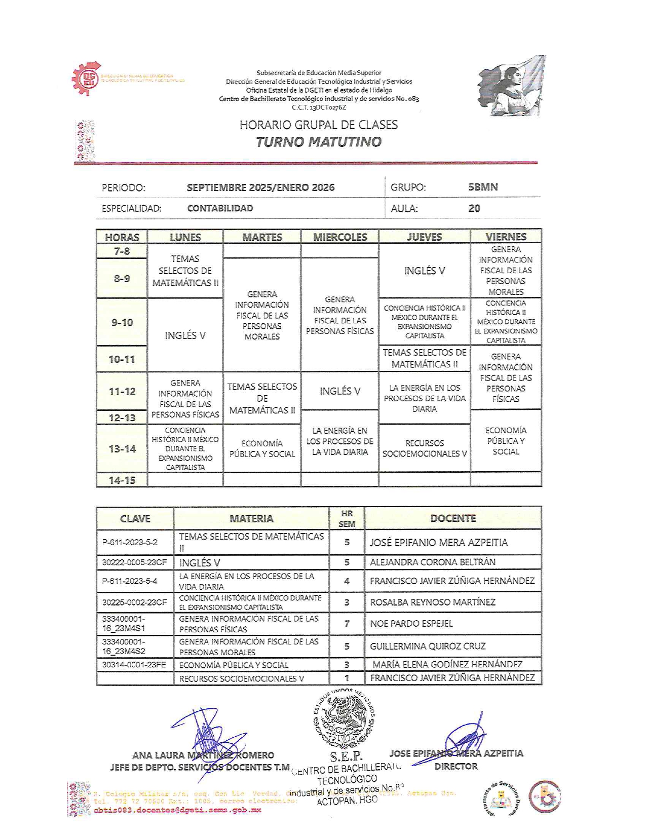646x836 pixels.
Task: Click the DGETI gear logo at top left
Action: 86,79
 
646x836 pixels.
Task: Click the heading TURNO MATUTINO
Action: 318,142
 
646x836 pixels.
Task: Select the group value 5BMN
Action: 483,187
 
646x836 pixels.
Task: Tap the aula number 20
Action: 474,208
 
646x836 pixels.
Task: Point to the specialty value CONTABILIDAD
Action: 220,208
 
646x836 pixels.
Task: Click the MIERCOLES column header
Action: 340,237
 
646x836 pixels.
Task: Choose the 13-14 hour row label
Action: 122,449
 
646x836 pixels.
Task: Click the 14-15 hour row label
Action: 122,480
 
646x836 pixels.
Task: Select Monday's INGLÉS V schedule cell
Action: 185,335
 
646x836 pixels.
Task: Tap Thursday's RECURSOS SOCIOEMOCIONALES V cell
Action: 425,448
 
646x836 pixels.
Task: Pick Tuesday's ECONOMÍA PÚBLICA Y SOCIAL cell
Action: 262,448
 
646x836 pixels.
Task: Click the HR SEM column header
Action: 347,518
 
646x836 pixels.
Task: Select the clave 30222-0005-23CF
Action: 134,562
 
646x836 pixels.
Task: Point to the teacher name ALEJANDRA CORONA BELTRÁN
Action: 433,562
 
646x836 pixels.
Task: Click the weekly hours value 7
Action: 347,624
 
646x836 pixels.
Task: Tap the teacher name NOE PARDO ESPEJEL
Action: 411,624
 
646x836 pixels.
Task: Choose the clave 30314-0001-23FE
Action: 134,665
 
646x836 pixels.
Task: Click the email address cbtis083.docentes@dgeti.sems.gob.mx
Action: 177,810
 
